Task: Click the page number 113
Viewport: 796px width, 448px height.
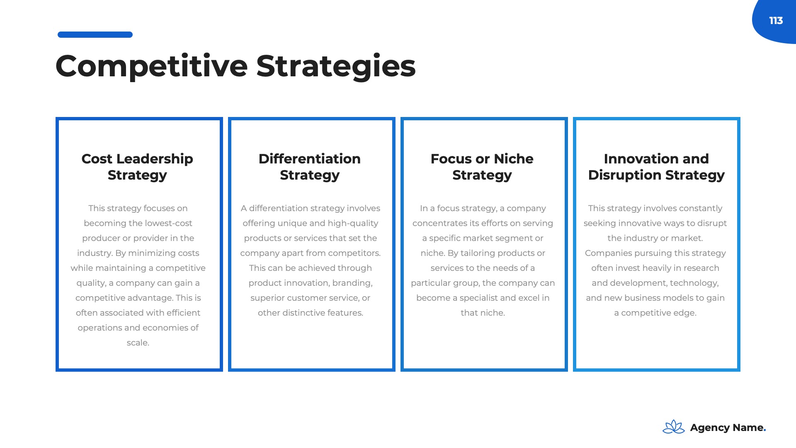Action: coord(776,21)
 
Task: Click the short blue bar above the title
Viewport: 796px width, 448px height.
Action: coord(95,35)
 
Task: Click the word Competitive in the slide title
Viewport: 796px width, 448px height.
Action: coord(152,66)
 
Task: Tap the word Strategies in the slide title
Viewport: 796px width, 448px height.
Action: coord(336,66)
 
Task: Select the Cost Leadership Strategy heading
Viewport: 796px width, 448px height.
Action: coord(137,167)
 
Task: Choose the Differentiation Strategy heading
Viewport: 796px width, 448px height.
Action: coord(310,167)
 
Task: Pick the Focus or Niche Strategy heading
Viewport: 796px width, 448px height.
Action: coord(482,167)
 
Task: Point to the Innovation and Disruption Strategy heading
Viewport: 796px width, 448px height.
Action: coord(656,167)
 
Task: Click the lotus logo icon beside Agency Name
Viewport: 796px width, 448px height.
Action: coord(674,427)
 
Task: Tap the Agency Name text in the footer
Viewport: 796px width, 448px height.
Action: coord(728,428)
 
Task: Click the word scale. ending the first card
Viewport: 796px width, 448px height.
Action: coord(138,343)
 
